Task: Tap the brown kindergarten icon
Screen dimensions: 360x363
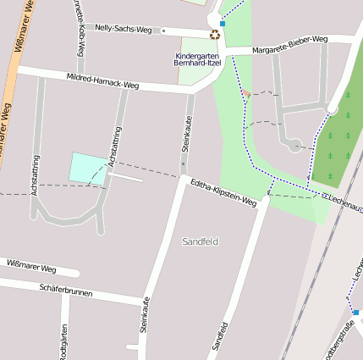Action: click(x=215, y=35)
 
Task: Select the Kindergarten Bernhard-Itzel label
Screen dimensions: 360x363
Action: click(x=195, y=60)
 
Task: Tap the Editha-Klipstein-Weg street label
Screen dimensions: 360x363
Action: click(x=223, y=193)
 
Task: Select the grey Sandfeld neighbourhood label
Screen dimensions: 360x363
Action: click(x=200, y=241)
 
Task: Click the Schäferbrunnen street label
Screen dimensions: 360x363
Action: click(x=65, y=291)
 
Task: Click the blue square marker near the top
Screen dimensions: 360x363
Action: click(x=223, y=23)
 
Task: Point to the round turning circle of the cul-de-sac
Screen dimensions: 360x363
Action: click(x=294, y=146)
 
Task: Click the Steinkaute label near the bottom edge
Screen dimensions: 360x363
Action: click(x=146, y=314)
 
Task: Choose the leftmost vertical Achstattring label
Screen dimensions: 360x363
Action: click(x=35, y=175)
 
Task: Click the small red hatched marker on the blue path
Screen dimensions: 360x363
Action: click(x=246, y=93)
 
